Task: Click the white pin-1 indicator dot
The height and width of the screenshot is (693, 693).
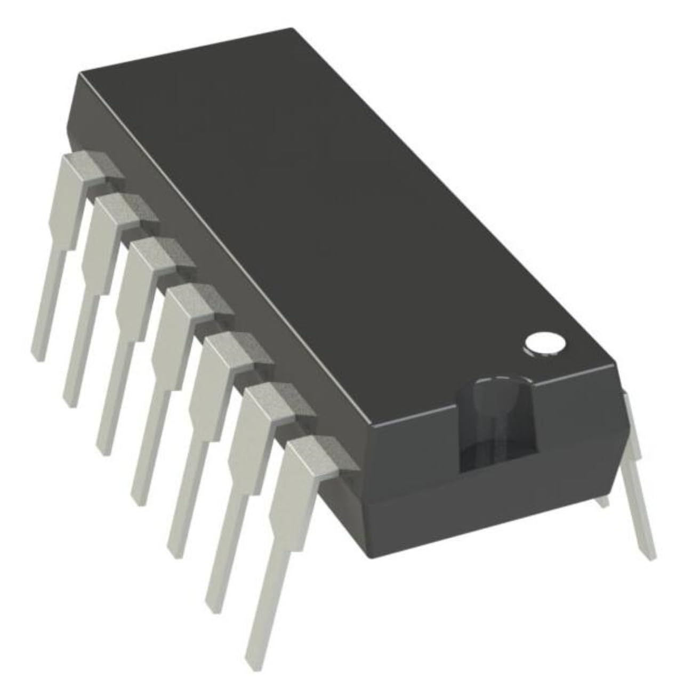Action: [545, 344]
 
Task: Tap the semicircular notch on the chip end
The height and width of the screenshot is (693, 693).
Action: [496, 421]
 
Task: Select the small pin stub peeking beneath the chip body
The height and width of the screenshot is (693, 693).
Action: [602, 501]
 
